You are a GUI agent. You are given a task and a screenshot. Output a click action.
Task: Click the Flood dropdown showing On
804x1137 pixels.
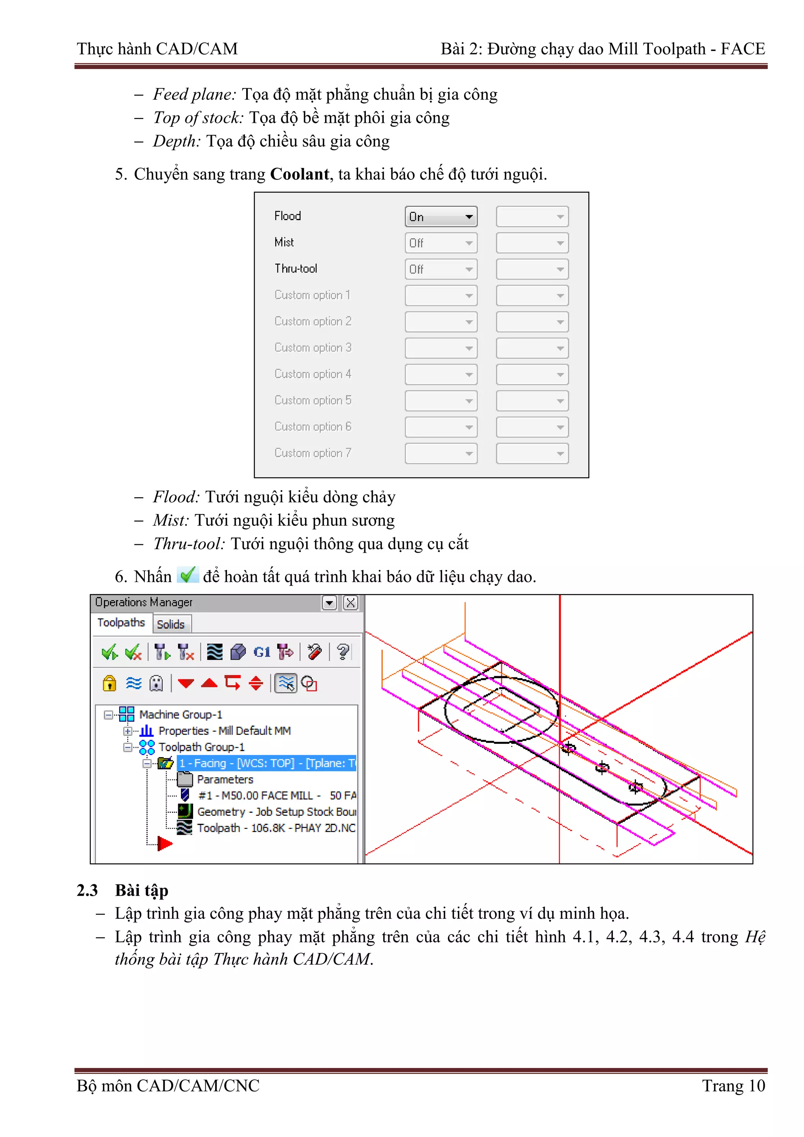(440, 217)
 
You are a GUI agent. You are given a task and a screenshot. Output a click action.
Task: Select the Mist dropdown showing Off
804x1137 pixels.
(440, 243)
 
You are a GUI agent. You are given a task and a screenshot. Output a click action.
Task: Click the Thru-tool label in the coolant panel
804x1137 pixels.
(296, 269)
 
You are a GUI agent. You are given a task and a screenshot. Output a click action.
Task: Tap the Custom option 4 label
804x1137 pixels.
(312, 374)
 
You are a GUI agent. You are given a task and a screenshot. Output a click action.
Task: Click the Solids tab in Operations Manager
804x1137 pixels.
(171, 624)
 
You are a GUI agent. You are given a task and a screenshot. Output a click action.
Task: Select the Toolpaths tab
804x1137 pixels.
(121, 622)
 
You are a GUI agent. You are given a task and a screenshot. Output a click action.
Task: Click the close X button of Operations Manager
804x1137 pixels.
(350, 603)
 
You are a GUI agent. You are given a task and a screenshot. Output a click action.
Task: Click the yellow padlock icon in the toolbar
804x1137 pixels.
(110, 683)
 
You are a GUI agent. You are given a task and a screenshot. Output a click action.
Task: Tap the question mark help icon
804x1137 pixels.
(342, 652)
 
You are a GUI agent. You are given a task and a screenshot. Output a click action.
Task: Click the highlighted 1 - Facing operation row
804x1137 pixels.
(267, 763)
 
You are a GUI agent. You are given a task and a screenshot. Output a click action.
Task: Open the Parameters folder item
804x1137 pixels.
(225, 779)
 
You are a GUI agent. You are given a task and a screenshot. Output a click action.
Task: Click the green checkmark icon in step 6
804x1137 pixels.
(188, 575)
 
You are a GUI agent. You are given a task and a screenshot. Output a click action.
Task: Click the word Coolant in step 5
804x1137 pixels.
(299, 174)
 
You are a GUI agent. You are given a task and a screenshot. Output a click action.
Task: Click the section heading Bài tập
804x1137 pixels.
(142, 891)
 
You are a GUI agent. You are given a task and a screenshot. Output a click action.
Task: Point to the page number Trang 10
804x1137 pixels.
(733, 1086)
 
